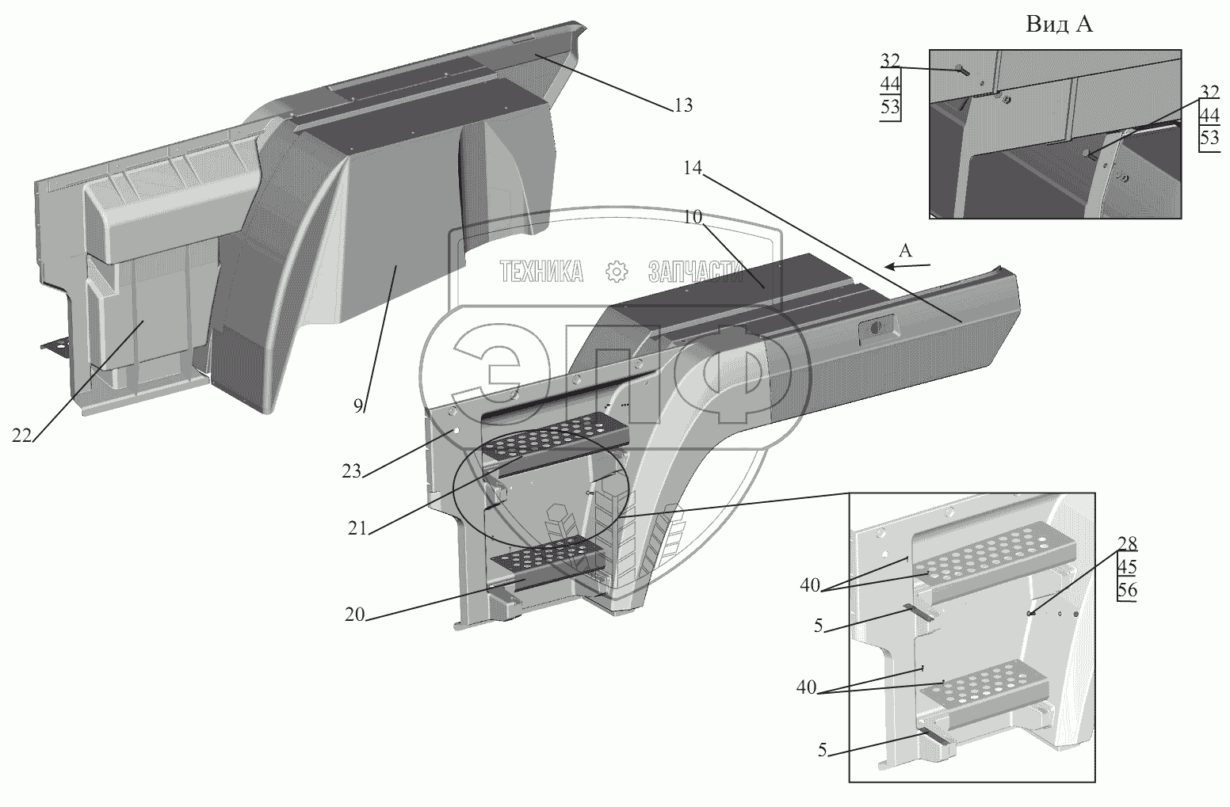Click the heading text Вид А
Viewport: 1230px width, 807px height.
pos(1060,25)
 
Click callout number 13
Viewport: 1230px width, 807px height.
pos(684,105)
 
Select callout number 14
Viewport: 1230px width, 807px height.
pos(690,168)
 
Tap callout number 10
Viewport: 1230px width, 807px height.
pos(693,217)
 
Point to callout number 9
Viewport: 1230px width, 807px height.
pos(358,406)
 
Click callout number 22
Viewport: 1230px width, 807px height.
pos(21,435)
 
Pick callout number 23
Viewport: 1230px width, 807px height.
pos(352,472)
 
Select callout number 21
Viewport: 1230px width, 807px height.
pos(357,528)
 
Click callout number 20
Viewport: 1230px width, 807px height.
pos(354,614)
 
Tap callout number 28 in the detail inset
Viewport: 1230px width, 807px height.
pos(1127,544)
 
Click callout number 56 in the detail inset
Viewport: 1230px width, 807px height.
pos(1127,590)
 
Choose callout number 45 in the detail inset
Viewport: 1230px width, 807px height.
pos(1127,567)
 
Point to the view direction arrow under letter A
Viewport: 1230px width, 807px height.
pos(904,267)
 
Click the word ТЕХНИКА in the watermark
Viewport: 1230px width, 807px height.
pos(541,272)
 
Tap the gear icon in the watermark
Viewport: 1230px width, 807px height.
pos(616,272)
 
